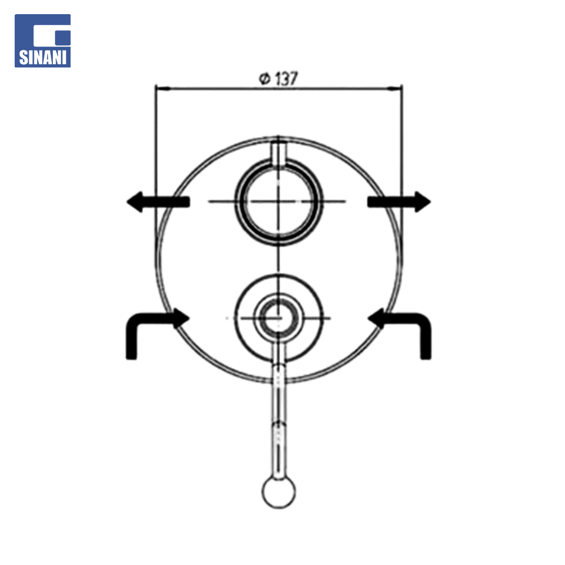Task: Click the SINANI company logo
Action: coord(42,41)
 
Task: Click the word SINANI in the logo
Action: coord(42,58)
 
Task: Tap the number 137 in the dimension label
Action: coord(287,78)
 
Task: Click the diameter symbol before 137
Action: coord(265,78)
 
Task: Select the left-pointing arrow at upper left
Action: coord(158,202)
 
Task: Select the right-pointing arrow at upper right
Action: coord(399,202)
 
